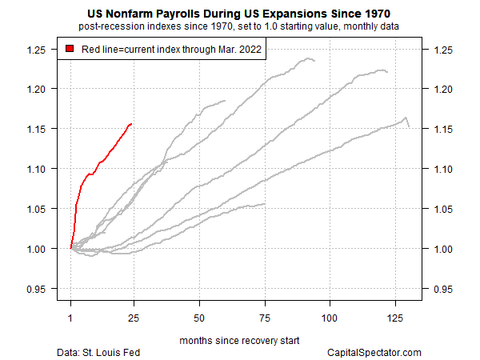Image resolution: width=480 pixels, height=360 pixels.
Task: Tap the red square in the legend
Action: tap(70, 50)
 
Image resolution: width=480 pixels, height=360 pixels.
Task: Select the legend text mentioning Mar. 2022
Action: tap(170, 50)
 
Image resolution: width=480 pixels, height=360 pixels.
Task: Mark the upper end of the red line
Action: tap(131, 124)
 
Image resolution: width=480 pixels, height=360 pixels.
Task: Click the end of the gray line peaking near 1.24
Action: tap(314, 61)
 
